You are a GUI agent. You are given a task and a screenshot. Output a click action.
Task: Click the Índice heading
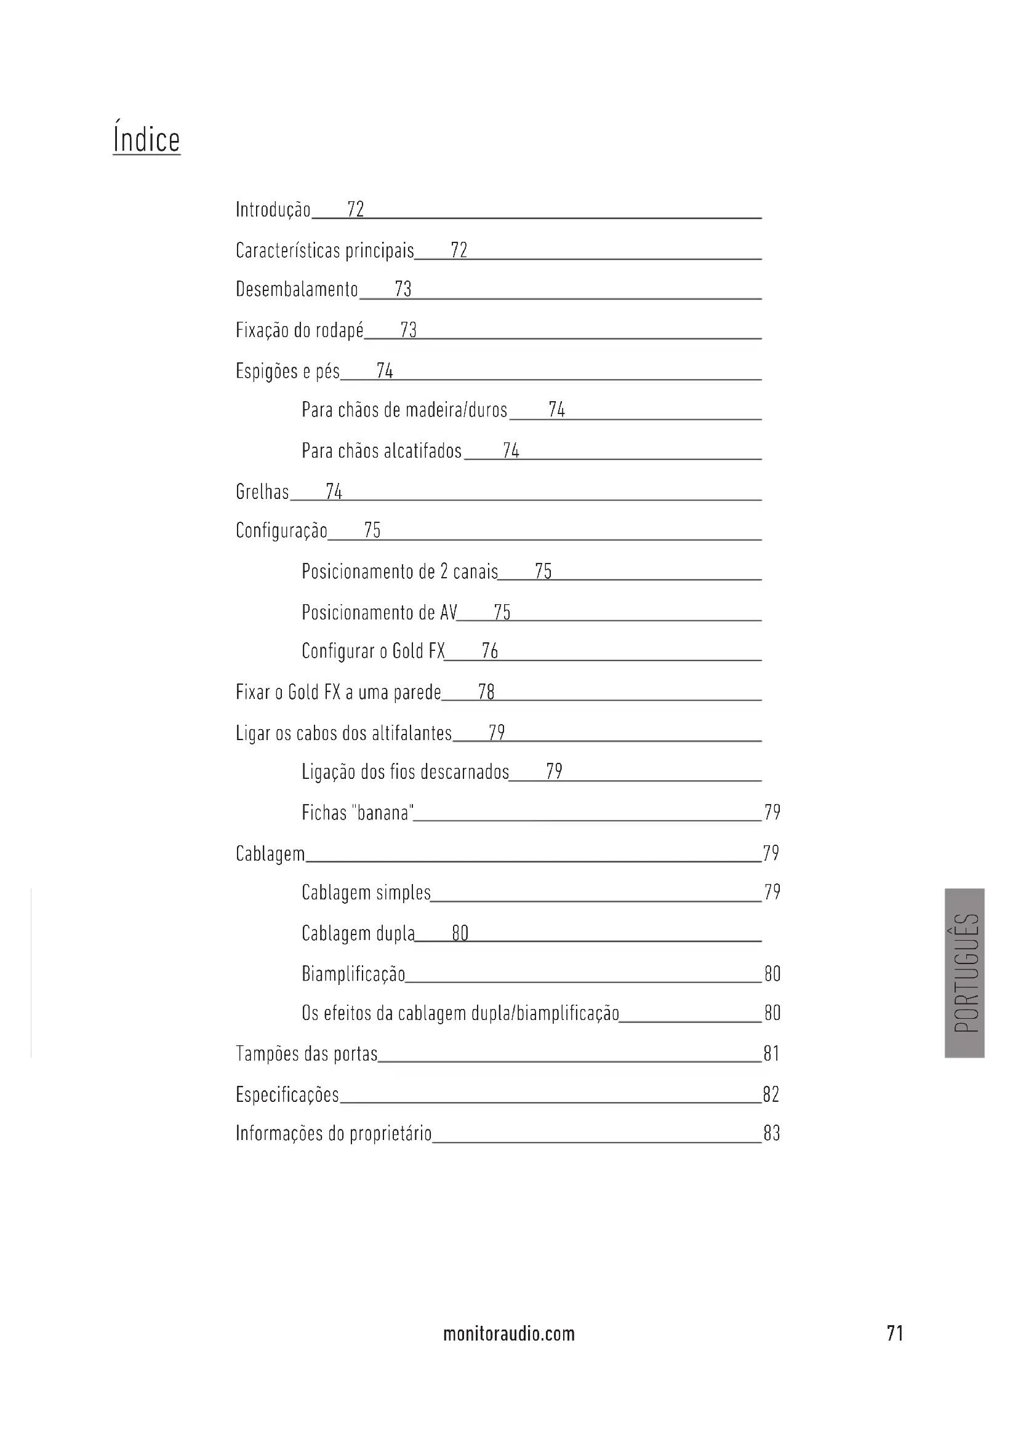146,139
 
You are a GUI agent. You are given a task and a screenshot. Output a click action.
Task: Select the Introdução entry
273,209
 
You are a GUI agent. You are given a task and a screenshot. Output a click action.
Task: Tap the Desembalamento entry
297,290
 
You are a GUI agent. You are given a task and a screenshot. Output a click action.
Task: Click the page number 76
489,651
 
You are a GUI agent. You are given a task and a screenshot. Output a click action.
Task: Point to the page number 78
486,692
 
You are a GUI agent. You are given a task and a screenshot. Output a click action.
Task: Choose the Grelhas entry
263,492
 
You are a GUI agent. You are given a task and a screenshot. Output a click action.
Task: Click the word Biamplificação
353,974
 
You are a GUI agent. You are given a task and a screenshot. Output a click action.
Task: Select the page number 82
772,1094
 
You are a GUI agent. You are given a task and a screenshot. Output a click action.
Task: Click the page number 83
772,1134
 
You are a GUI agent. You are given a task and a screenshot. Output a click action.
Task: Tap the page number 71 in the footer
895,1334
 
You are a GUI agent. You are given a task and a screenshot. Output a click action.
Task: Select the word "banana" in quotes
383,813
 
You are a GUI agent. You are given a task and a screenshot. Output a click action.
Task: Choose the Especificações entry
287,1094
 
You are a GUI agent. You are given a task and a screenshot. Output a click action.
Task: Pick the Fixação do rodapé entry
300,330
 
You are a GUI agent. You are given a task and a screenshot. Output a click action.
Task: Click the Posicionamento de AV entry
379,612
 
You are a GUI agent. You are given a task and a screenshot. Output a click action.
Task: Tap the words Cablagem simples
366,893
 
